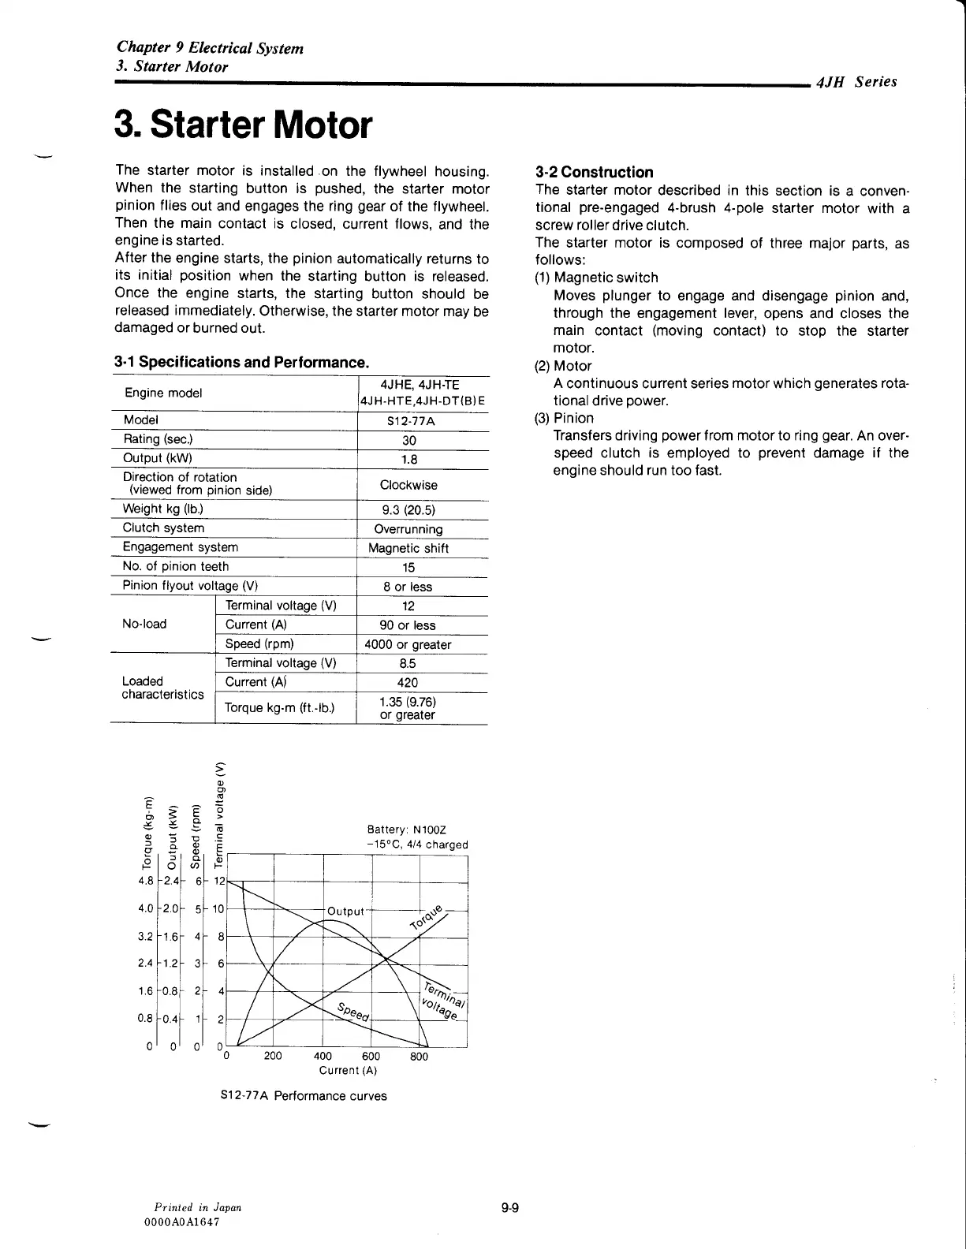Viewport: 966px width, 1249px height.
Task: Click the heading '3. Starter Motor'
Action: [243, 125]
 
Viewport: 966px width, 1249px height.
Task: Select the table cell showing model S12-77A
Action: [411, 421]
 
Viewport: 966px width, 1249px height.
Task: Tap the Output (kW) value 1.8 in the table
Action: [409, 460]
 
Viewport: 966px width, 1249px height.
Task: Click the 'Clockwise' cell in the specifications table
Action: [408, 485]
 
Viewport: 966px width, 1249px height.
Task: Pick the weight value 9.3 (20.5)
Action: [408, 510]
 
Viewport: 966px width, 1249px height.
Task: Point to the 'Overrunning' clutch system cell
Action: [408, 529]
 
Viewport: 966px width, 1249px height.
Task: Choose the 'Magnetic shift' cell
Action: [408, 548]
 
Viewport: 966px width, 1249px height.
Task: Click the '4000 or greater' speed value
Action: [408, 644]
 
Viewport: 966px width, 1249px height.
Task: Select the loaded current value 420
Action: [408, 683]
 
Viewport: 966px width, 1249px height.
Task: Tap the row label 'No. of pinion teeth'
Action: [176, 566]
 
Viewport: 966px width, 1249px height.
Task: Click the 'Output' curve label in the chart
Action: [345, 912]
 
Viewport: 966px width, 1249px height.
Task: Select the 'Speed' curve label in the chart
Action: [352, 1011]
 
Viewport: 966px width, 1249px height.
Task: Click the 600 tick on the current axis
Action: [371, 1057]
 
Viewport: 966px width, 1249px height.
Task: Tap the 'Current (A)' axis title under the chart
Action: [348, 1071]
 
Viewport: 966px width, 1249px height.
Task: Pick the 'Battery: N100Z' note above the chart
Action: [407, 830]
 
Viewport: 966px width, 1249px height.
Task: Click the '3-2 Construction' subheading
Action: [594, 172]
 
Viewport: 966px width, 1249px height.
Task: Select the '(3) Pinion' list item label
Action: [564, 418]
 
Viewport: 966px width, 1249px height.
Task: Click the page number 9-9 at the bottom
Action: [509, 1207]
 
